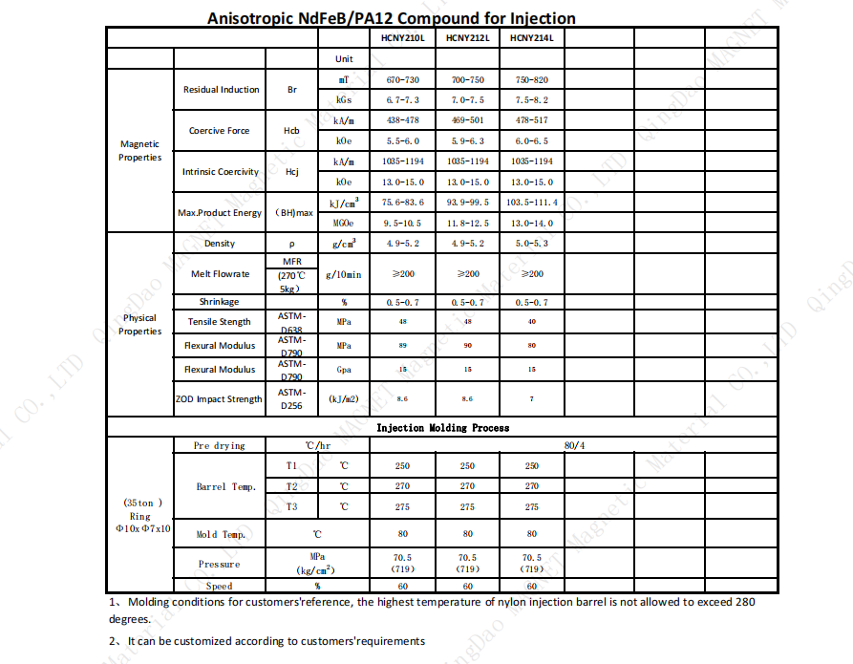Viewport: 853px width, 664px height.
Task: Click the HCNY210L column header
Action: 402,38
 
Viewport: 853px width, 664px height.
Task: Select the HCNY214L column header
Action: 531,38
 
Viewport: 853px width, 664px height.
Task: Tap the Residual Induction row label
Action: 221,90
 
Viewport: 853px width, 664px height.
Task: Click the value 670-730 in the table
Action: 402,80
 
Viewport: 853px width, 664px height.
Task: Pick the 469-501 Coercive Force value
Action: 467,120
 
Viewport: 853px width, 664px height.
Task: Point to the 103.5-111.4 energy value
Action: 532,203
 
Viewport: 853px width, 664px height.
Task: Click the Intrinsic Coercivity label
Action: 220,172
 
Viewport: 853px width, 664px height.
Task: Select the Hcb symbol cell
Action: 292,131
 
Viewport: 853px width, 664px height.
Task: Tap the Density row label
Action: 220,244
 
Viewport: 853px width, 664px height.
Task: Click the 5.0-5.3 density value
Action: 532,244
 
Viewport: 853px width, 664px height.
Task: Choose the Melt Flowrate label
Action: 220,274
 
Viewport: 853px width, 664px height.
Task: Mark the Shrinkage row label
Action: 220,302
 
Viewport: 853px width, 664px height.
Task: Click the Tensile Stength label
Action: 220,322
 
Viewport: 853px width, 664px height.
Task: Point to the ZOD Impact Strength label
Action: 219,399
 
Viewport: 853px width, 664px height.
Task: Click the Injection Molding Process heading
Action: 442,428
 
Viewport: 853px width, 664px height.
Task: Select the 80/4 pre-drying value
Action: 577,446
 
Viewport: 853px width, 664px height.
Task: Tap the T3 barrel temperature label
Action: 292,506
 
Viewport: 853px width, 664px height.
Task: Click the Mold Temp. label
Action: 221,535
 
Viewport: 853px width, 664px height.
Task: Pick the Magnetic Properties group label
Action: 139,151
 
